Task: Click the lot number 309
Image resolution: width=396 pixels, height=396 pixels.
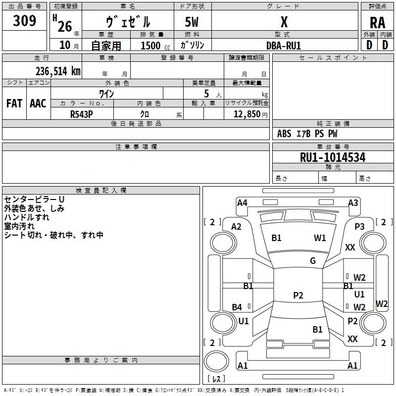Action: tap(25, 21)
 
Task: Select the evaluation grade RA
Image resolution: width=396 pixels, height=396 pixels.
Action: tap(377, 23)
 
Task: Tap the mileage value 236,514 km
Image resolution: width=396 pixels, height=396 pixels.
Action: tap(57, 71)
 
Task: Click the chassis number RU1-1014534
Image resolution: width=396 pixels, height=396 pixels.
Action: tap(333, 157)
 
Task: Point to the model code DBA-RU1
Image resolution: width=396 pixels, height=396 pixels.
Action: tap(284, 45)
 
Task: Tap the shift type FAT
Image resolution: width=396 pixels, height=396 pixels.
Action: tap(14, 103)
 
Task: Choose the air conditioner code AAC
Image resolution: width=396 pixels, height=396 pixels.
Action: tap(38, 103)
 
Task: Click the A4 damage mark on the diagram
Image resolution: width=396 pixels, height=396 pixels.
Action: tap(242, 202)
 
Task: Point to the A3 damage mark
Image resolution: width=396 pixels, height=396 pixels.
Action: tap(353, 202)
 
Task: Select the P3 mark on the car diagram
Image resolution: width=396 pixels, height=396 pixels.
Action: tap(359, 226)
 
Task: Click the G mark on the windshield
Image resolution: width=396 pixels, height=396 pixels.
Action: tap(313, 261)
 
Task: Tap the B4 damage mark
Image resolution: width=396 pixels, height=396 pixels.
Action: tap(237, 307)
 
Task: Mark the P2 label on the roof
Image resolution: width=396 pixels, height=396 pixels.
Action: tap(298, 296)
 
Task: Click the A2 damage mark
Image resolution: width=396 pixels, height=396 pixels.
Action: tap(237, 226)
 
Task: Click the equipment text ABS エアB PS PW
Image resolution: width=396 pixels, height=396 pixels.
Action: tap(307, 134)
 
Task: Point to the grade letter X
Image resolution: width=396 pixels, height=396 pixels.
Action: tap(284, 22)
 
